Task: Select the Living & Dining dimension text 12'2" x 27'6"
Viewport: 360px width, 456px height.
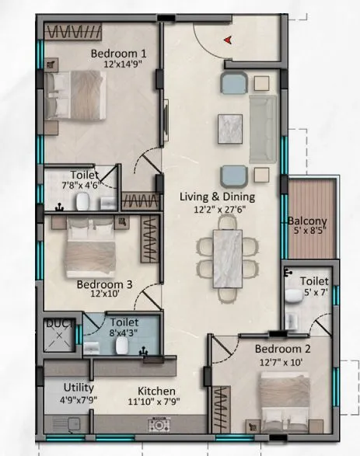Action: pos(217,209)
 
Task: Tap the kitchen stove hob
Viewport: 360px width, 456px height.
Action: pos(159,426)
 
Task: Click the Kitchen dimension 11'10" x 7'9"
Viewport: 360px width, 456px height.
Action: pos(156,402)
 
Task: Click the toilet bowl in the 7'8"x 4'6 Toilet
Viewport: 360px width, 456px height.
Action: pos(84,202)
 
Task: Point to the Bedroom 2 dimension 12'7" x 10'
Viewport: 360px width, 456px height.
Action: pos(283,361)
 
